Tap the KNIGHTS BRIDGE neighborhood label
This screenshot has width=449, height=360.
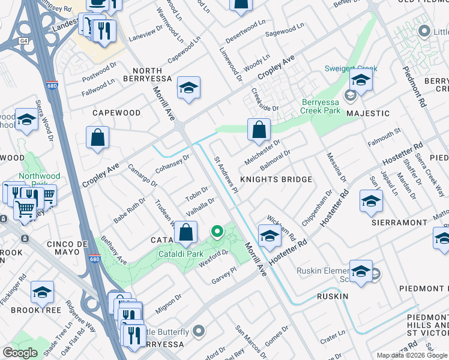click(276, 179)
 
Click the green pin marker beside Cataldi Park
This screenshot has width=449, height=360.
click(218, 230)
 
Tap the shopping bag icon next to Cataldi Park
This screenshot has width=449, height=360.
click(187, 233)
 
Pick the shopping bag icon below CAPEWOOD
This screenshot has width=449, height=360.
click(97, 138)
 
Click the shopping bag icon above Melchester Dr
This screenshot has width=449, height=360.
click(259, 130)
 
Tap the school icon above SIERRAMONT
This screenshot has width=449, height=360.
click(371, 202)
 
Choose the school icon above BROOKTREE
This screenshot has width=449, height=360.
click(42, 292)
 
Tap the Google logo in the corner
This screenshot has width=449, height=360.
click(20, 353)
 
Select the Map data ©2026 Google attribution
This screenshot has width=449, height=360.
click(411, 355)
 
